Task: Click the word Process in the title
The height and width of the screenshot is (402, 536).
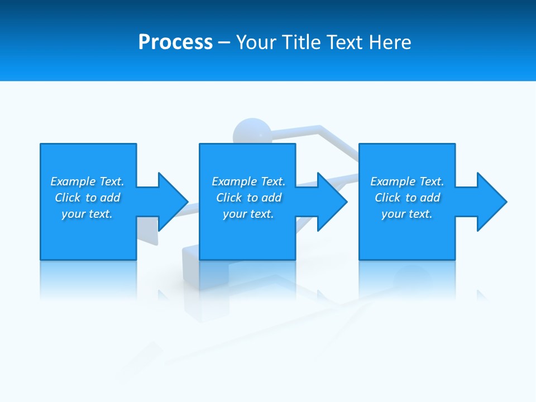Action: (x=175, y=42)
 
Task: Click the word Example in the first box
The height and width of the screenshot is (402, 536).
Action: (x=73, y=181)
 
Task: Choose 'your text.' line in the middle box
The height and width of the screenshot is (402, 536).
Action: (x=248, y=214)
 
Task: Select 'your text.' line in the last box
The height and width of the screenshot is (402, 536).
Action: (x=406, y=214)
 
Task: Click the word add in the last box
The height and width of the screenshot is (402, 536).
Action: (x=430, y=198)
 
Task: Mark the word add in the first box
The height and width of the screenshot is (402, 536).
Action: (x=110, y=198)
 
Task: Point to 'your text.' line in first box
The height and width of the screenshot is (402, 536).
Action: (x=87, y=214)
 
